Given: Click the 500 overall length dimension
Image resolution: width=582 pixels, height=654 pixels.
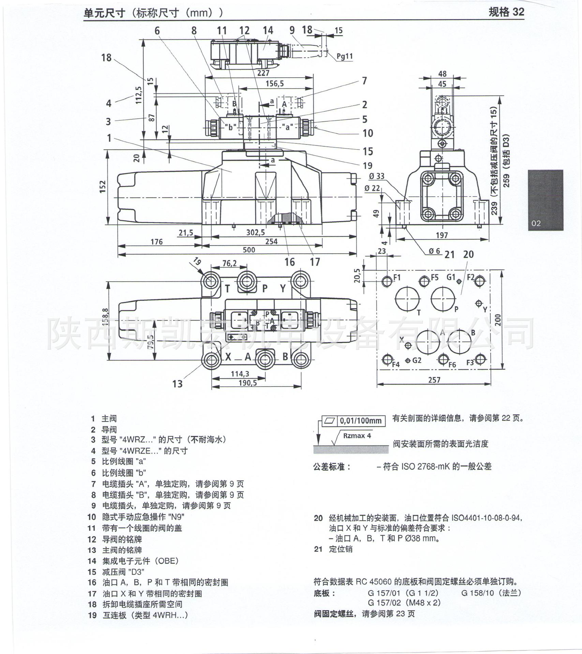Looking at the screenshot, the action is coord(249,250).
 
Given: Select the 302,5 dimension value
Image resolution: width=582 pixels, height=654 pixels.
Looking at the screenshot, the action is coord(256,233).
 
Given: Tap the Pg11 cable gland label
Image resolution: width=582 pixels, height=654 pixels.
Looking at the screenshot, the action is coord(344,56).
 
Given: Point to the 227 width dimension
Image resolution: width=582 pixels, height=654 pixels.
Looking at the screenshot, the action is coord(263,73).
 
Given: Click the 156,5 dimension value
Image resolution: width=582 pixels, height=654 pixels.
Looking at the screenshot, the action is coord(274,83).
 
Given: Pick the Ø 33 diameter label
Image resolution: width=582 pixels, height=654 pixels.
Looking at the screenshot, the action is coord(376,176).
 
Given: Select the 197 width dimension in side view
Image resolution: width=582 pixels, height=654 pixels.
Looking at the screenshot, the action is coord(442,235).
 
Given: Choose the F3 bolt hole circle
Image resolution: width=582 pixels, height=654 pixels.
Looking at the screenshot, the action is coord(480,360).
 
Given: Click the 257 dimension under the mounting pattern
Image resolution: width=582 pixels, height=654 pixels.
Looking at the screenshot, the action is coord(434,380).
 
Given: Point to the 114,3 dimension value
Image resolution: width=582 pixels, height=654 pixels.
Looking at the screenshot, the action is coord(240,374).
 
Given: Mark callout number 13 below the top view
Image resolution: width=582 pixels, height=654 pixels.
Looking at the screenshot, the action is coord(177,384).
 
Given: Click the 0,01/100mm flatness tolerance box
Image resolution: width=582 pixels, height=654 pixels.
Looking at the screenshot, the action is coord(361,421).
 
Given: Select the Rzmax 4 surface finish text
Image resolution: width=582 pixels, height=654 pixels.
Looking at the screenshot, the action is coord(357,436).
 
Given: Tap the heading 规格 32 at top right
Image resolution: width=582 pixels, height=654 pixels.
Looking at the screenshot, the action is coord(506,12).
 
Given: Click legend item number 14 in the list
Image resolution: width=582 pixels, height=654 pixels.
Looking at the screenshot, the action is coord(92,561).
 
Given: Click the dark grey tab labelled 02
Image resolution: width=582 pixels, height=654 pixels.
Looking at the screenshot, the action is coord(546,200).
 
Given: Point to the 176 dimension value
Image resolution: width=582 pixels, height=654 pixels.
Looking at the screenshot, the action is coord(156,242).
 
